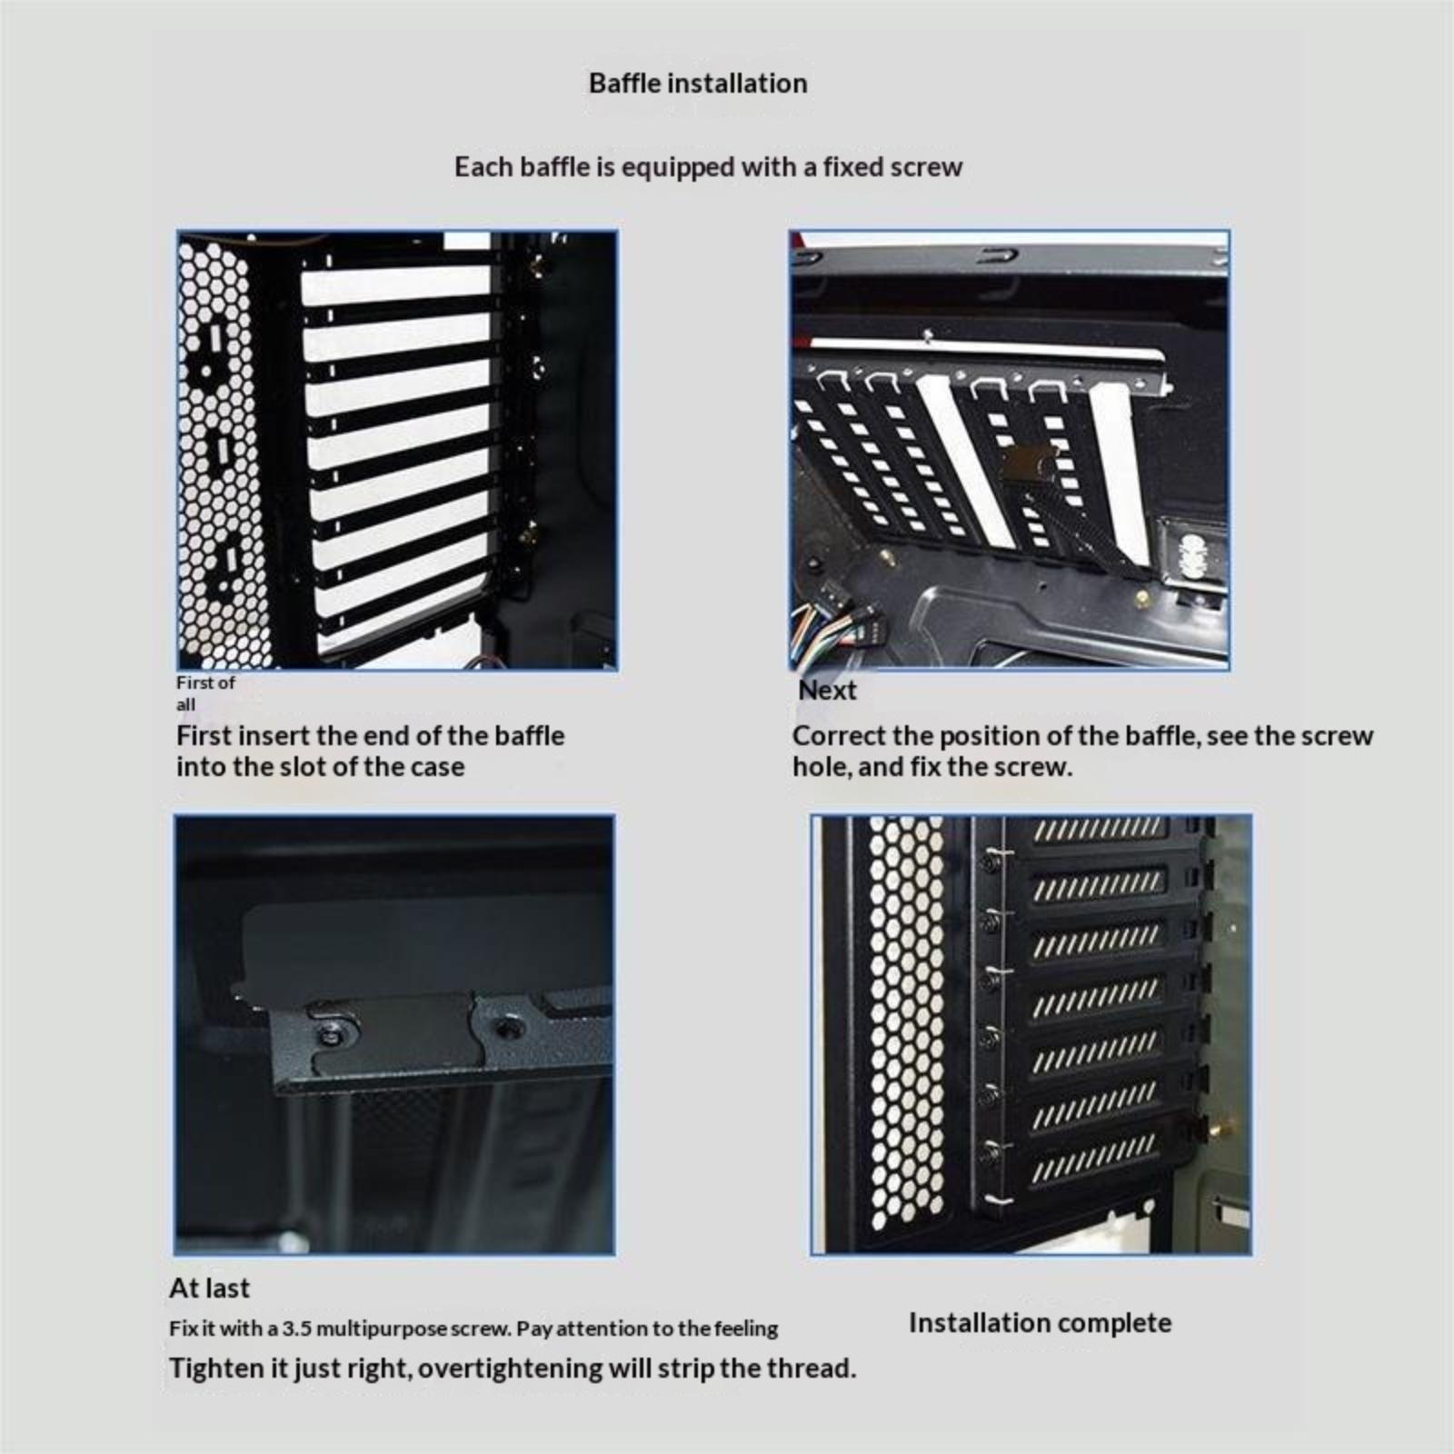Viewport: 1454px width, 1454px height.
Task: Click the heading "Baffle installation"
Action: (698, 84)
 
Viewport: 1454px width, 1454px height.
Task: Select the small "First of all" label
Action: (204, 692)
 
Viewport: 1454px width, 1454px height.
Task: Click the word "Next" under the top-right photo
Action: (827, 690)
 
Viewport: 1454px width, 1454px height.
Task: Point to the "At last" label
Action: (209, 1288)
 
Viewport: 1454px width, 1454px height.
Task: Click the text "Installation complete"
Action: (1040, 1322)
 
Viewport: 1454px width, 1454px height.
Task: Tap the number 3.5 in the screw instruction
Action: (296, 1329)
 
